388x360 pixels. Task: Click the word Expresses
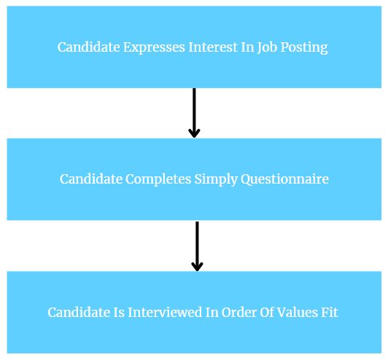click(x=154, y=47)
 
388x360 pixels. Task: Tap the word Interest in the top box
click(x=213, y=47)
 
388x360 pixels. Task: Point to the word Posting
click(x=304, y=47)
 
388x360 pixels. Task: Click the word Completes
click(x=158, y=179)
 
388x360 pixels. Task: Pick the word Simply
click(x=216, y=179)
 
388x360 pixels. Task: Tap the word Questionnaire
click(x=284, y=179)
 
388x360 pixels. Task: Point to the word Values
click(x=297, y=313)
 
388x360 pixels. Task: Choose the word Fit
click(x=330, y=313)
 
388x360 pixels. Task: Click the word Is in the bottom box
click(x=119, y=313)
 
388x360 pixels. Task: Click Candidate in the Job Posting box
click(x=88, y=47)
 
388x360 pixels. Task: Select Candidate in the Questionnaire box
click(x=91, y=179)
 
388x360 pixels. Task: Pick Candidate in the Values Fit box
click(x=79, y=313)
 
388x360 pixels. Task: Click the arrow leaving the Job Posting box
click(x=194, y=113)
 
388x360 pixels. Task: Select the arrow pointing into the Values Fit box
click(x=197, y=246)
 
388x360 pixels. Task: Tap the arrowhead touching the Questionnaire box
click(x=194, y=133)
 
